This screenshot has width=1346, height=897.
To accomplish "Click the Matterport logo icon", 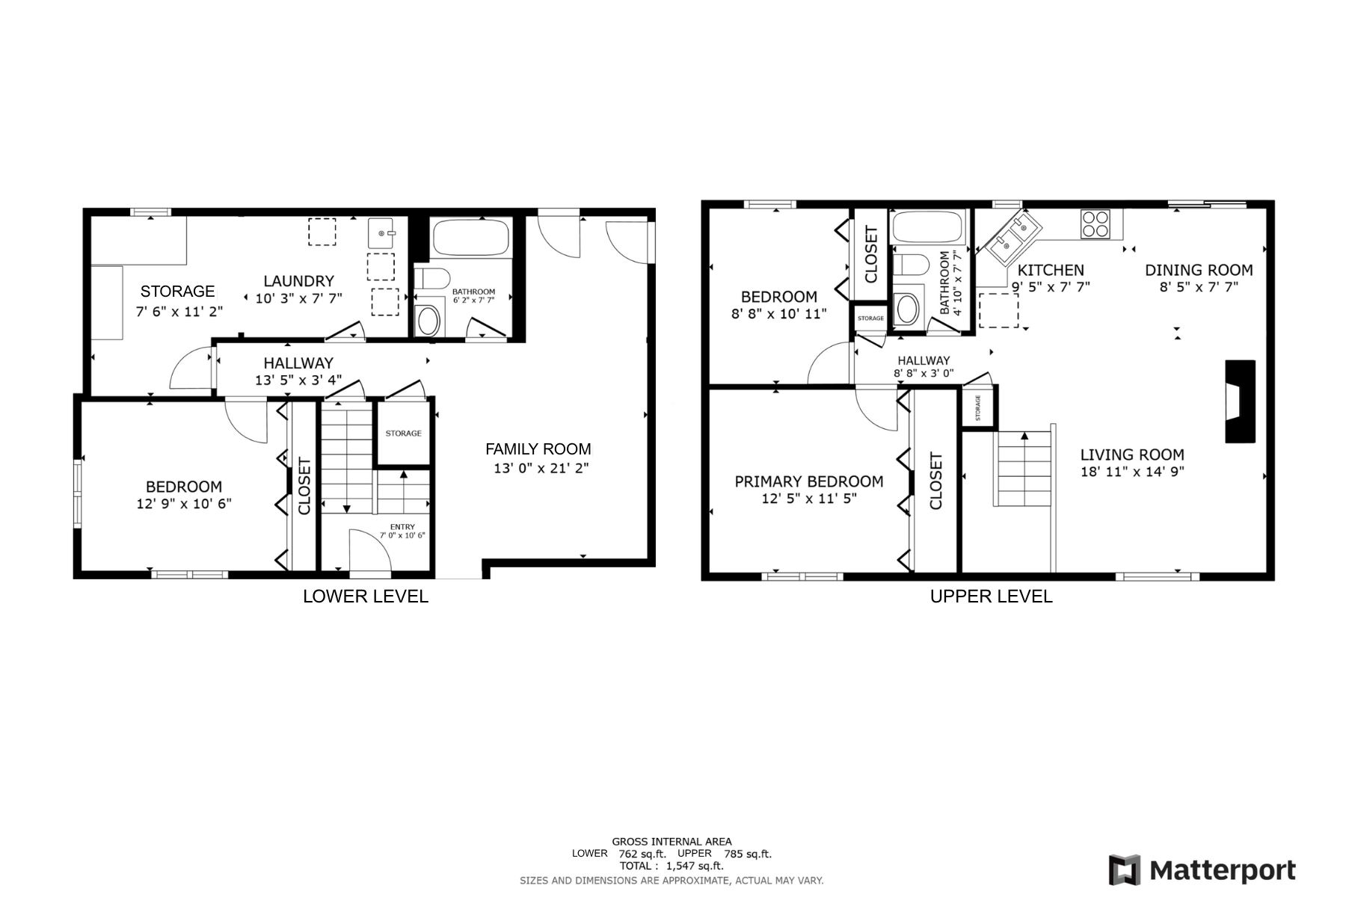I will [1125, 870].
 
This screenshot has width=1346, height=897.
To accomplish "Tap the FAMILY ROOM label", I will [538, 449].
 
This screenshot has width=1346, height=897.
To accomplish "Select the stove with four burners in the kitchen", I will [1095, 224].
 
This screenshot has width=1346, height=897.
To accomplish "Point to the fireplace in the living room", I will [1239, 401].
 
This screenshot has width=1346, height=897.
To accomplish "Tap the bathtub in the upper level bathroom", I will [927, 226].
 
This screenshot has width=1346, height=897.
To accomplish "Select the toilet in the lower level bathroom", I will [431, 278].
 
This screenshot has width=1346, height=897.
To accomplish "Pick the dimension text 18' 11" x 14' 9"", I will [1132, 472].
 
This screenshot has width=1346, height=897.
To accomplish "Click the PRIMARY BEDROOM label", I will [808, 481].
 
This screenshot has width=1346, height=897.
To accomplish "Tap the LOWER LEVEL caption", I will [365, 597].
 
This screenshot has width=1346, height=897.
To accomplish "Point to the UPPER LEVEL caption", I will [991, 597].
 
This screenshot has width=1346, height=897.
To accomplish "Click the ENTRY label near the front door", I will [402, 527].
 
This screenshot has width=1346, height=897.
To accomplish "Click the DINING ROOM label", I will [1198, 270].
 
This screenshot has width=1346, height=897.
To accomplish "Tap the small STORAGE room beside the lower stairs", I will [403, 434].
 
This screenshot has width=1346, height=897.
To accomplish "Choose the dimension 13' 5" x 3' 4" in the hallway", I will [298, 380].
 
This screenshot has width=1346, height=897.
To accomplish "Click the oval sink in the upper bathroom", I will [906, 309].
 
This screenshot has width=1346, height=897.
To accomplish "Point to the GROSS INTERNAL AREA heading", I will [672, 842].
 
